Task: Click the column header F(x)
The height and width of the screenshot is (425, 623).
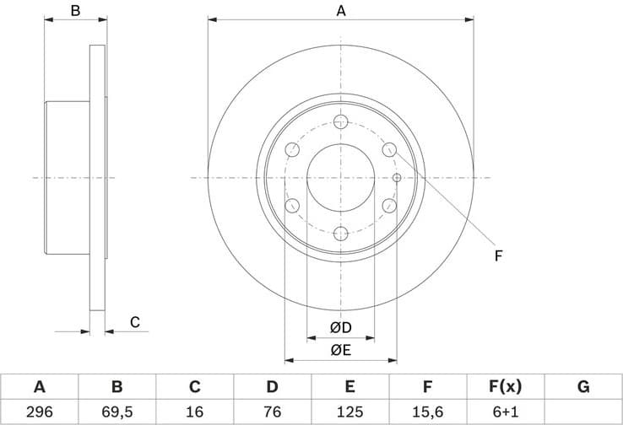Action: [x=505, y=387]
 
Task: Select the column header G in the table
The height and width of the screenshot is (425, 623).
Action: [x=582, y=387]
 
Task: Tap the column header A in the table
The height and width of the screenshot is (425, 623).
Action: [x=39, y=387]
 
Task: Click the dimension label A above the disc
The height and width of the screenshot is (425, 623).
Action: [x=341, y=11]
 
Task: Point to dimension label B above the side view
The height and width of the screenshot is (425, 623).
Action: [x=75, y=11]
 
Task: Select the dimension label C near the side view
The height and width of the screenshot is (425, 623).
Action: [x=134, y=321]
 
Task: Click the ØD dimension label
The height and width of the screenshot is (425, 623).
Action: [x=340, y=327]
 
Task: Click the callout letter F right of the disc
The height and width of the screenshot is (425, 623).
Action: [x=498, y=256]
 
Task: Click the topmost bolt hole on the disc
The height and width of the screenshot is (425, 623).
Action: [x=341, y=121]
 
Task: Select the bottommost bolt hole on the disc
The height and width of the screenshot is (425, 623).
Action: [x=341, y=234]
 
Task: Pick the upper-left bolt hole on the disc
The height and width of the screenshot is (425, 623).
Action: [x=293, y=150]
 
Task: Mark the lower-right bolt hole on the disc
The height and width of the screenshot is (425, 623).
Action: [x=389, y=206]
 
